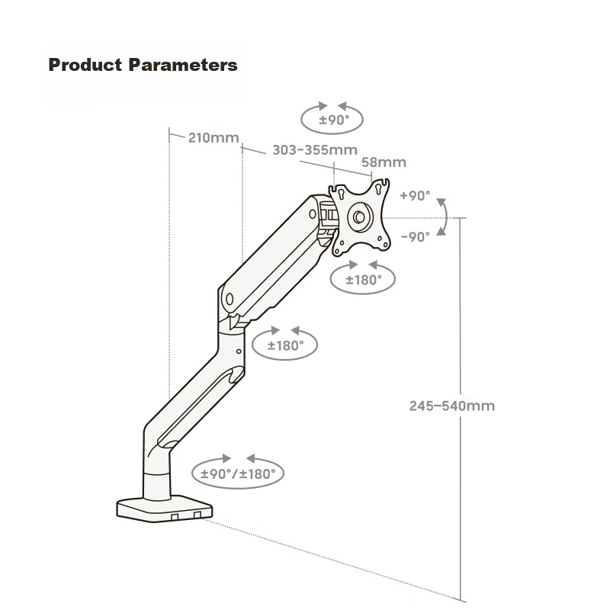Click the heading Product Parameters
(143, 65)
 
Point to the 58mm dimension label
(384, 162)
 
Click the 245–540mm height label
(451, 406)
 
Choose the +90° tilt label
(415, 196)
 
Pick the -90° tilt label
(415, 236)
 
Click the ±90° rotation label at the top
(333, 120)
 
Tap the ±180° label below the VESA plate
(363, 280)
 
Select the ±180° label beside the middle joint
(285, 345)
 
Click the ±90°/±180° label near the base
(238, 474)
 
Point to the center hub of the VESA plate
(359, 217)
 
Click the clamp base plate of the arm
(163, 509)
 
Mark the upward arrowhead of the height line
(461, 222)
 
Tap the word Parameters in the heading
(183, 65)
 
